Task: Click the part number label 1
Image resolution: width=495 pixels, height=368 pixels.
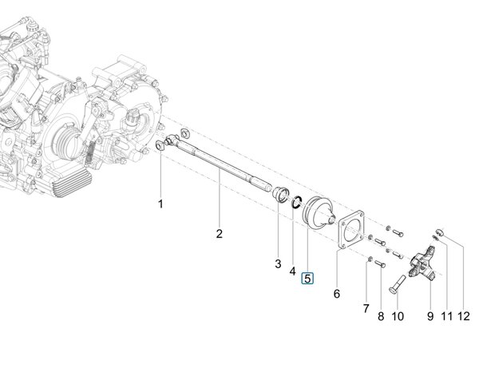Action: [160, 204]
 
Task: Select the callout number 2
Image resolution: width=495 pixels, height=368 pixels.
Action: [219, 234]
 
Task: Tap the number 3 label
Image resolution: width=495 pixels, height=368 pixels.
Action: [278, 263]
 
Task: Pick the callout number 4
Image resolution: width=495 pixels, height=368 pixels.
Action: [293, 271]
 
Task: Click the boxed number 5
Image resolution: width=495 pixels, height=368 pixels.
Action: [307, 279]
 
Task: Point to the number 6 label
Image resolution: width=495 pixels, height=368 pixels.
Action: [337, 294]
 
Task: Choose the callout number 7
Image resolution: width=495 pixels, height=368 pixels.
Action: [366, 308]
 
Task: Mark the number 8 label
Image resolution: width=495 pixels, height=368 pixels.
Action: [381, 316]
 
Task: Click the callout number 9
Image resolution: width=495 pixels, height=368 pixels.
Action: [430, 316]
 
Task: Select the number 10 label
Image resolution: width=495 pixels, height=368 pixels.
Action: [398, 316]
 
